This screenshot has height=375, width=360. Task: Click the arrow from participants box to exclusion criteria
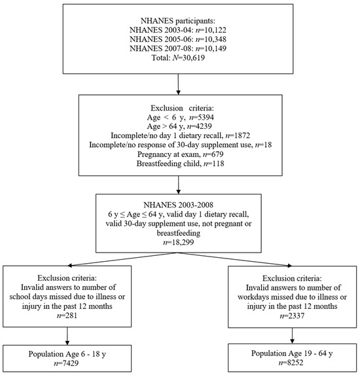[x=179, y=85]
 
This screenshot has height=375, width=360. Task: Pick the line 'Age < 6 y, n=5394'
[x=179, y=115]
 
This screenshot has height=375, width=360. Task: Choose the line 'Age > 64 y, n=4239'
[x=179, y=124]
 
